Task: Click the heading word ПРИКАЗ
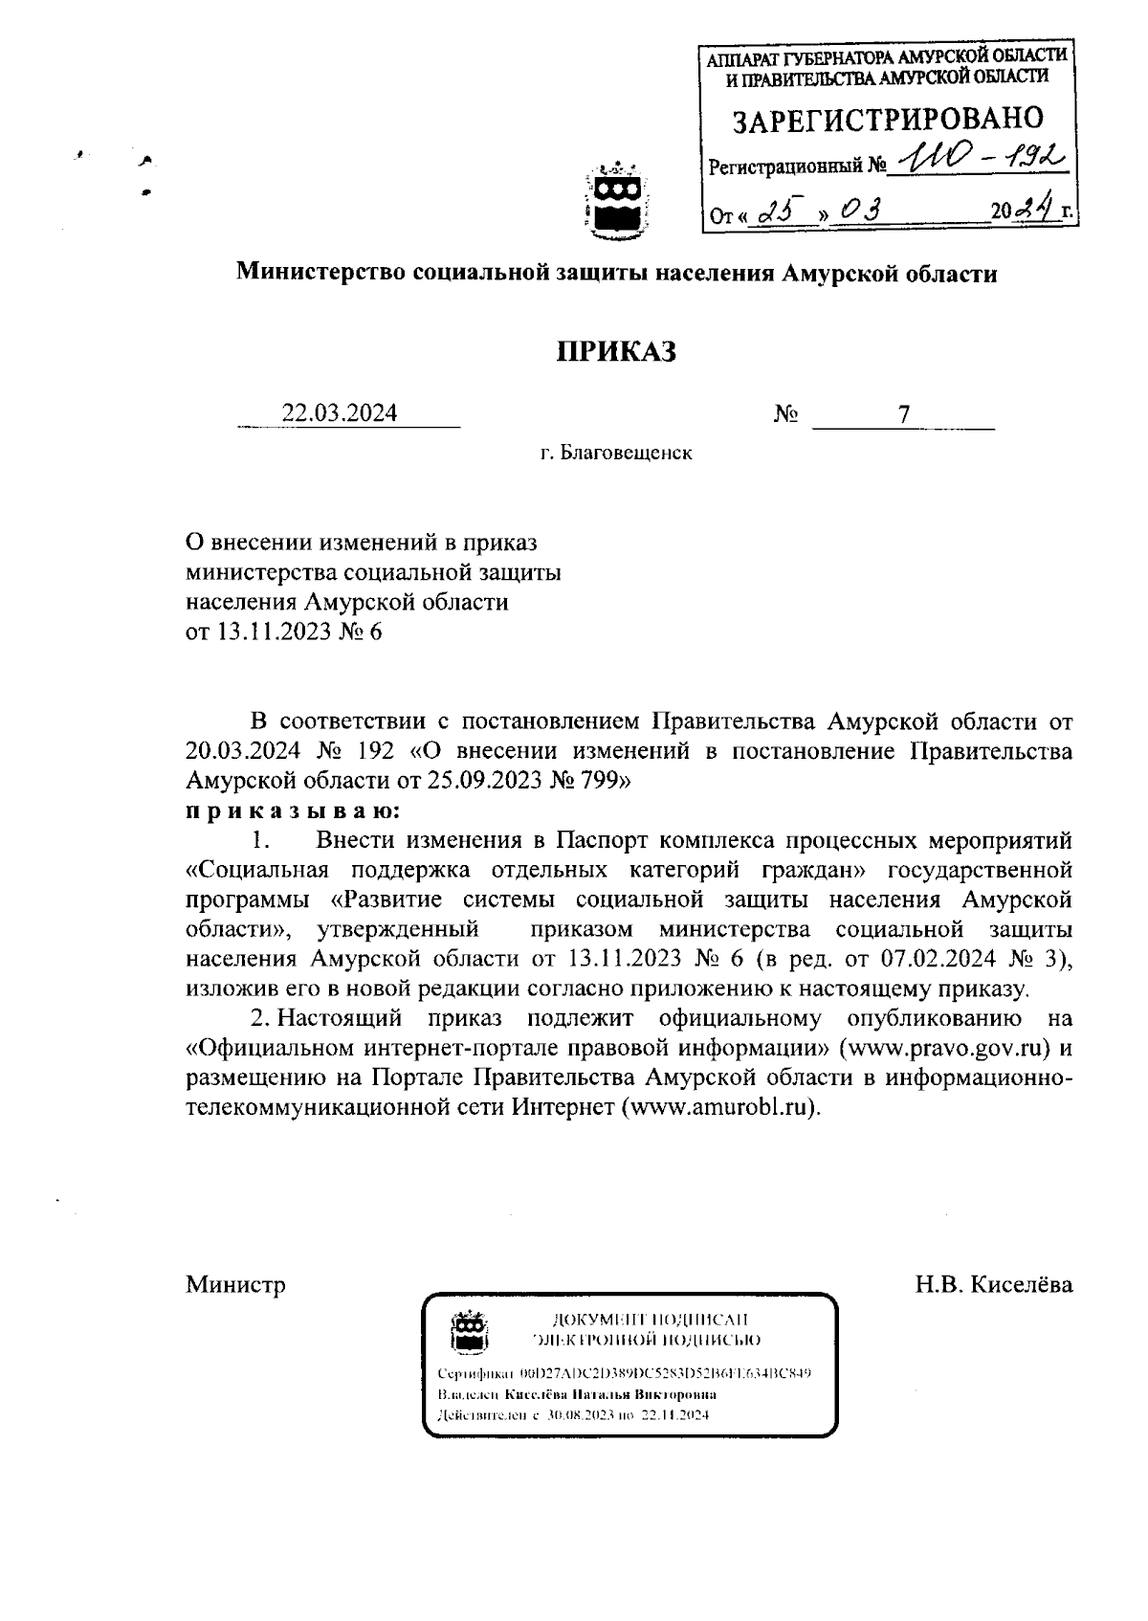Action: [x=617, y=352]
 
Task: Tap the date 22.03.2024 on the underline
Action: [x=340, y=413]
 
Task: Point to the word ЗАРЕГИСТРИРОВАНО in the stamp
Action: [x=887, y=121]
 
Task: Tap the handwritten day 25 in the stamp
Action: [x=777, y=211]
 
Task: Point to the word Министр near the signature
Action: [x=235, y=1285]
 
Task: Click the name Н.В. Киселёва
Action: [x=993, y=1285]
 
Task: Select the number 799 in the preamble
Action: [x=603, y=781]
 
